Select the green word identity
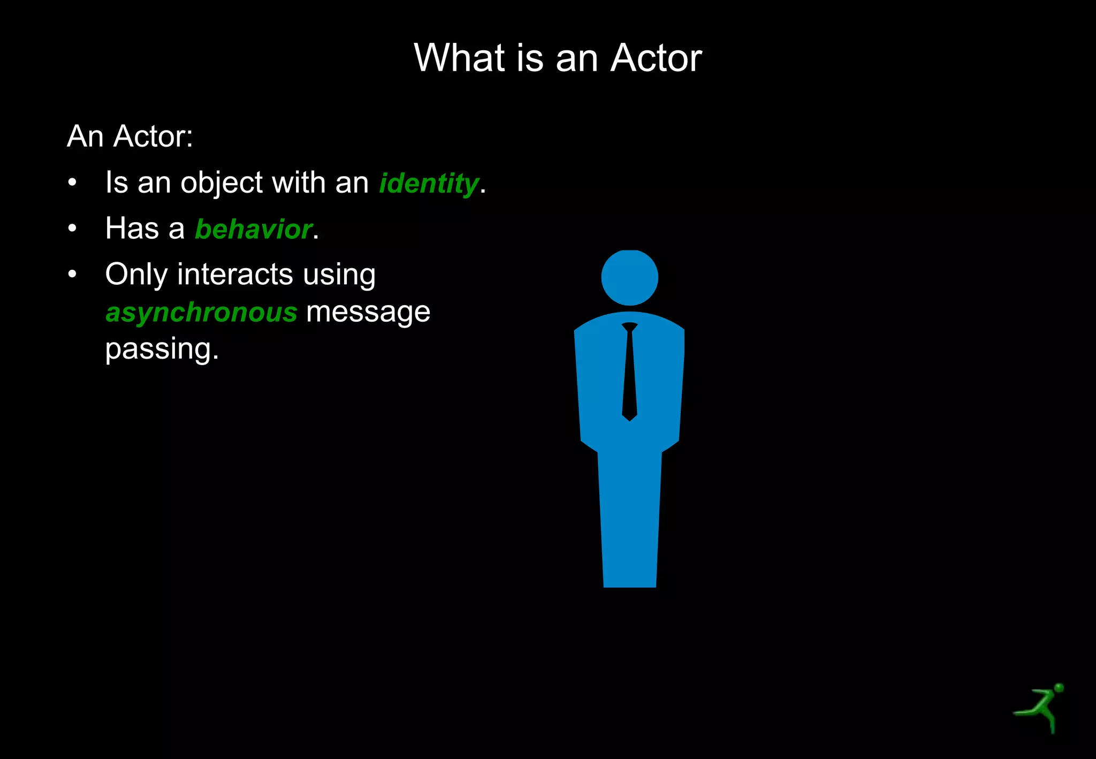[x=429, y=183]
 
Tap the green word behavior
[x=254, y=229]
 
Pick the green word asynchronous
[x=201, y=312]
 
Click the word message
[x=368, y=312]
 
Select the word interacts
[x=235, y=275]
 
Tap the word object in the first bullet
[x=222, y=183]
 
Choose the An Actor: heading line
[x=130, y=136]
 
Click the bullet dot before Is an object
[x=73, y=183]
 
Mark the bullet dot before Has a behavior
[x=73, y=229]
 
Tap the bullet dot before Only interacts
[x=73, y=275]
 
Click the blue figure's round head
[x=629, y=277]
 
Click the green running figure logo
[x=1041, y=707]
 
